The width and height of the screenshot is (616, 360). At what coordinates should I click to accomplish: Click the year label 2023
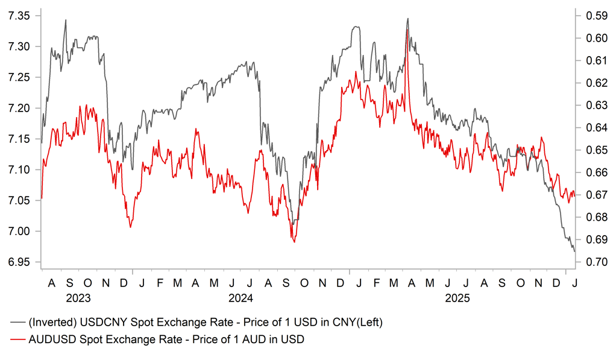coord(78,298)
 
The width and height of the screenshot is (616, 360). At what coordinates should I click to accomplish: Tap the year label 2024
coord(240,298)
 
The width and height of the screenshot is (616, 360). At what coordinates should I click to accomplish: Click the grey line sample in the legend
coord(17,323)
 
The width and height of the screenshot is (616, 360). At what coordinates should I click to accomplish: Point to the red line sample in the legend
coord(17,340)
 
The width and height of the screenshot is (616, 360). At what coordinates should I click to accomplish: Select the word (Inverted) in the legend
coord(51,323)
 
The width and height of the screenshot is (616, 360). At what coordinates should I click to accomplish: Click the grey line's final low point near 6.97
coord(574,251)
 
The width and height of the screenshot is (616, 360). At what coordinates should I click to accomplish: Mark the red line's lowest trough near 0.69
coord(294,242)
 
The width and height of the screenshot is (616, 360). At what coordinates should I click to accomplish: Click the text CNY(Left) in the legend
coord(359,323)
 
